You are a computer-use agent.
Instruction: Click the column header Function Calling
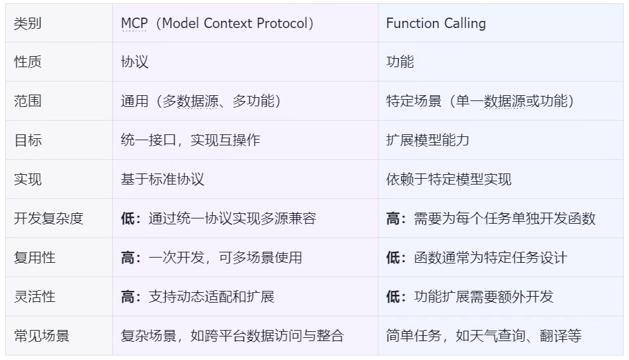(x=436, y=23)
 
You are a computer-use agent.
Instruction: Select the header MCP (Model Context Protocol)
(x=217, y=23)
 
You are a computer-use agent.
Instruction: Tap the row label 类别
(x=27, y=23)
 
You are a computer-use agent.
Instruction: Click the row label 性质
(x=27, y=62)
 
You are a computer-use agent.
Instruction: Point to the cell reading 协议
(x=135, y=62)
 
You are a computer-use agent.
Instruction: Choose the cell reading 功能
(x=400, y=62)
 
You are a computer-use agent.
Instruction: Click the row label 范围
(x=27, y=100)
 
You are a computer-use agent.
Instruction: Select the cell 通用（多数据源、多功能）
(x=200, y=100)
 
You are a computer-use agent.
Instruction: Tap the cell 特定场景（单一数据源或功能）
(x=480, y=100)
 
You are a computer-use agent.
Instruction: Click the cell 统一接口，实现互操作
(x=191, y=140)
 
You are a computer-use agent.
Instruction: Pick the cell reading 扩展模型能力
(x=427, y=140)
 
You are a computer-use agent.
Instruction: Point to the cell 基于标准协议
(x=162, y=179)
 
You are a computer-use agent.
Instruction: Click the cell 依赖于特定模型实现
(x=448, y=179)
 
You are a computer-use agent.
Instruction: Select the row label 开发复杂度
(x=48, y=218)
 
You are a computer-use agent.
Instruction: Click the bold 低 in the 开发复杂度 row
(x=128, y=218)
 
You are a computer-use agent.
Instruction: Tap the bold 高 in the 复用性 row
(x=128, y=258)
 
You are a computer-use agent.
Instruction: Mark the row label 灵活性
(x=35, y=297)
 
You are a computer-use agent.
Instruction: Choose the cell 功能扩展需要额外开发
(x=483, y=297)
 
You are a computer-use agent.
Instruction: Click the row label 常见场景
(x=42, y=336)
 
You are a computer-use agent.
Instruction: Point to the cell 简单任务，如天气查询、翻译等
(x=483, y=336)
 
